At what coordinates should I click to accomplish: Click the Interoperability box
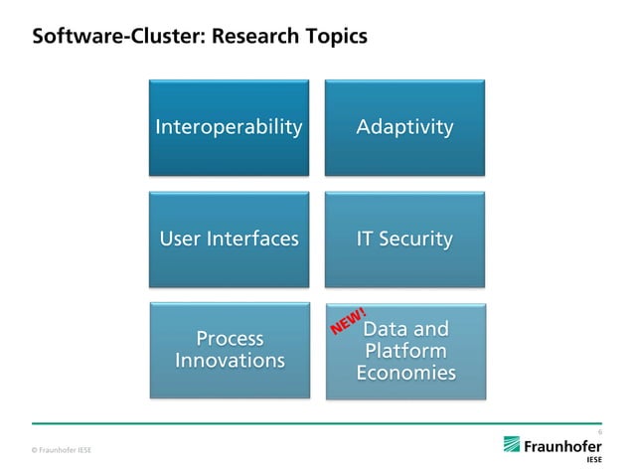[x=229, y=127]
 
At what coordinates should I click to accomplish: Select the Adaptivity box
[x=404, y=127]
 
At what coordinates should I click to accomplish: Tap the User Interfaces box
[x=229, y=239]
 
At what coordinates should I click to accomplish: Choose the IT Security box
[x=404, y=239]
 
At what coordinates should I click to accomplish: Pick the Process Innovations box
[x=229, y=350]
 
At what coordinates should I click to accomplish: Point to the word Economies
[x=405, y=374]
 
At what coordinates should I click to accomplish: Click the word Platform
[x=405, y=352]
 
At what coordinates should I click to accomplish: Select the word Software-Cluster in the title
[x=103, y=37]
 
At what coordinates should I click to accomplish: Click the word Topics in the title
[x=335, y=37]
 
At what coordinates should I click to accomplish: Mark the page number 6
[x=599, y=431]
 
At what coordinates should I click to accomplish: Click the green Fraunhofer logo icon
[x=512, y=444]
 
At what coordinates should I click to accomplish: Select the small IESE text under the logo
[x=593, y=461]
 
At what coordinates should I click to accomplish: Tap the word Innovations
[x=230, y=361]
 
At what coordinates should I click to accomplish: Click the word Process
[x=230, y=339]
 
